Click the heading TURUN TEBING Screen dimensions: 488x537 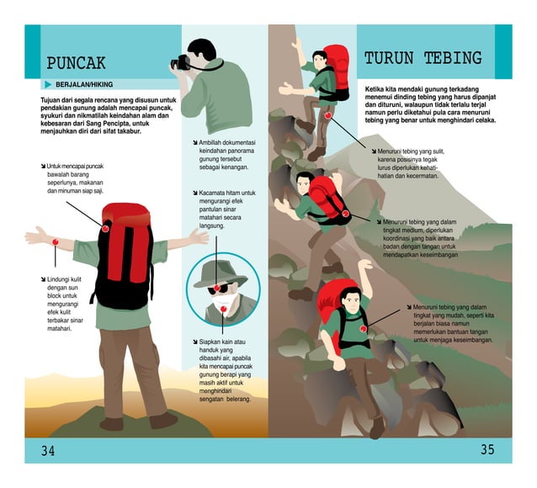(423, 58)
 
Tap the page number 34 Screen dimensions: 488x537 (49, 451)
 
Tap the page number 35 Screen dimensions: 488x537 (487, 449)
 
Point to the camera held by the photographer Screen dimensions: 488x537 (183, 61)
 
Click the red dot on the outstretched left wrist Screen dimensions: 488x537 (55, 242)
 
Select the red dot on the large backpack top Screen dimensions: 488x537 (105, 228)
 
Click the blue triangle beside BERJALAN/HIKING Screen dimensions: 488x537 (47, 85)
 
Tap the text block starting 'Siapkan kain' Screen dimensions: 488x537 (227, 370)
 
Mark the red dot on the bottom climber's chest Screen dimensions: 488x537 (363, 328)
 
